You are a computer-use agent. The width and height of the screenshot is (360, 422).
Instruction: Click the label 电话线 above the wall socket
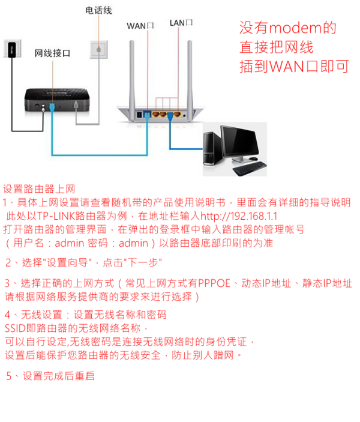[x=98, y=11]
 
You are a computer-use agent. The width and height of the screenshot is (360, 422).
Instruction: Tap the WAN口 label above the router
[x=141, y=25]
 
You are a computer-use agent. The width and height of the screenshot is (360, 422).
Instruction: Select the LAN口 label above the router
[x=181, y=23]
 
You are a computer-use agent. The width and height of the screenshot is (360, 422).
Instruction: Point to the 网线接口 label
[x=52, y=53]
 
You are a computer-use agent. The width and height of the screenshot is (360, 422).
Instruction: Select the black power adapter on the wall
[x=9, y=47]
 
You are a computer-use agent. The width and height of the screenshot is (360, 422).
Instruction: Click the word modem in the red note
[x=293, y=28]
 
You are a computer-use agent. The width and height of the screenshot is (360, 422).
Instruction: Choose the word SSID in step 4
[x=16, y=328]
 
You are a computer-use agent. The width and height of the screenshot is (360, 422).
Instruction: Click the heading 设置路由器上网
[x=40, y=189]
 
